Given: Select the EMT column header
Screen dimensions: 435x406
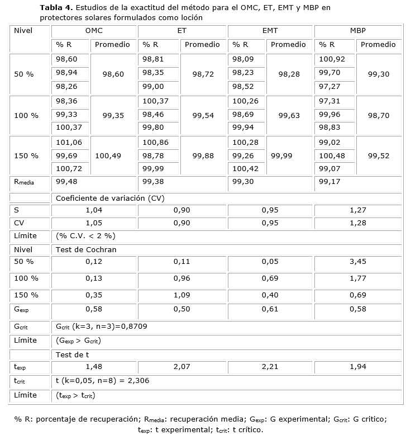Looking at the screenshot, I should click(270, 30).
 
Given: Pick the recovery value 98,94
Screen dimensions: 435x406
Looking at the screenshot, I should click(66, 73).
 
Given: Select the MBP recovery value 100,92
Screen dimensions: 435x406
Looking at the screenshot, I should click(332, 59).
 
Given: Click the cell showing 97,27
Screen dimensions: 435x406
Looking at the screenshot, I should click(329, 87).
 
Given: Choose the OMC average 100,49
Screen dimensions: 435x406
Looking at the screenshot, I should click(108, 156).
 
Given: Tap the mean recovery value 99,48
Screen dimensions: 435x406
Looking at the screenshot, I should click(66, 182).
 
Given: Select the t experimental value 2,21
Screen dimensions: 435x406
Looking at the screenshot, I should click(270, 367).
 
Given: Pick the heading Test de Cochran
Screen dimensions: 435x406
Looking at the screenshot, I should click(86, 249).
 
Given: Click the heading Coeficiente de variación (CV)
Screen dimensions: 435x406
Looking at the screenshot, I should click(109, 198).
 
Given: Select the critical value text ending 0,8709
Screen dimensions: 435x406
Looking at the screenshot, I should click(102, 326).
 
